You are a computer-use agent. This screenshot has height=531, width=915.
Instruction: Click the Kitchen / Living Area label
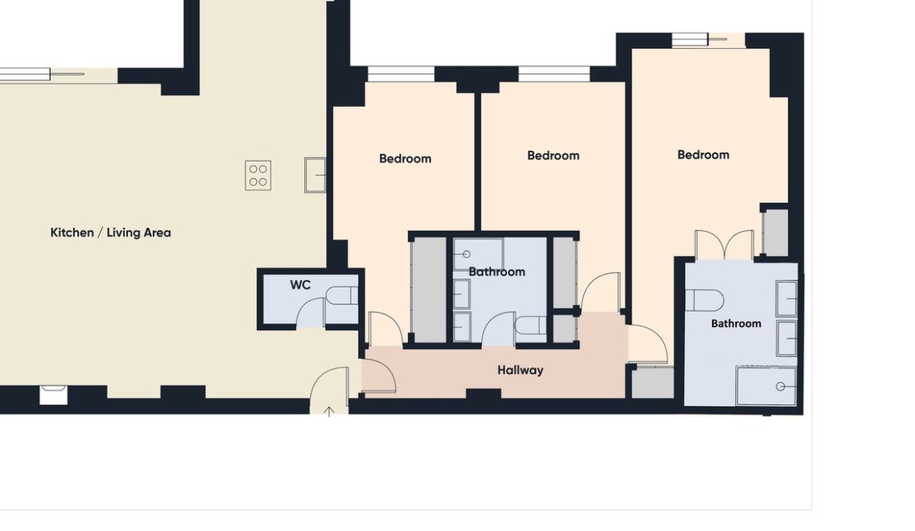click(110, 233)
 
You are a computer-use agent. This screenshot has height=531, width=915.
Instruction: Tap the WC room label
click(300, 285)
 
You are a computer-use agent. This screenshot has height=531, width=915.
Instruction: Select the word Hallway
click(520, 370)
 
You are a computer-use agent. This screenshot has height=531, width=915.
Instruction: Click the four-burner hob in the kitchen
click(258, 175)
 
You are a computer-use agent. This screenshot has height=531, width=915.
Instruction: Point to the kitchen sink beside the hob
click(315, 175)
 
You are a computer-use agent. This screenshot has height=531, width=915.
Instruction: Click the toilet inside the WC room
click(341, 296)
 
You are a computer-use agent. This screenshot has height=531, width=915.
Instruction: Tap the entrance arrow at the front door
click(329, 412)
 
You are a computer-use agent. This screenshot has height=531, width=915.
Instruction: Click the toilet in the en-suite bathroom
click(704, 301)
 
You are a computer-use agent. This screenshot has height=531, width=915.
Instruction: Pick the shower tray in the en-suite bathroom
click(766, 385)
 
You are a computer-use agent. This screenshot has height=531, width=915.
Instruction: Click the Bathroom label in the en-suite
click(736, 323)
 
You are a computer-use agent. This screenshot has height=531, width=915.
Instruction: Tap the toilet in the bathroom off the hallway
click(530, 326)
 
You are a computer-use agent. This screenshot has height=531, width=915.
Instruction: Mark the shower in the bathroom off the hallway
click(478, 254)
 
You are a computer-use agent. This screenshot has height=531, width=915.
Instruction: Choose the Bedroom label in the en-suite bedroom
click(704, 155)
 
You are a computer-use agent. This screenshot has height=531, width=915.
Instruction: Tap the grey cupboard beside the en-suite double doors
click(776, 232)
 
